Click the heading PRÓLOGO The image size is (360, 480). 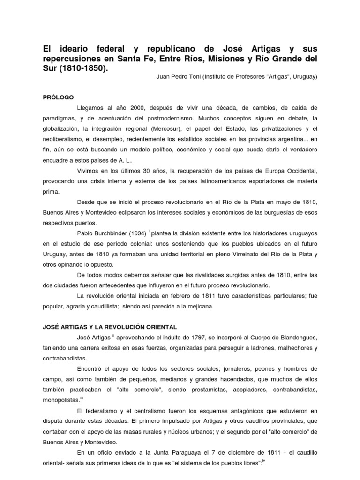tap(58, 97)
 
